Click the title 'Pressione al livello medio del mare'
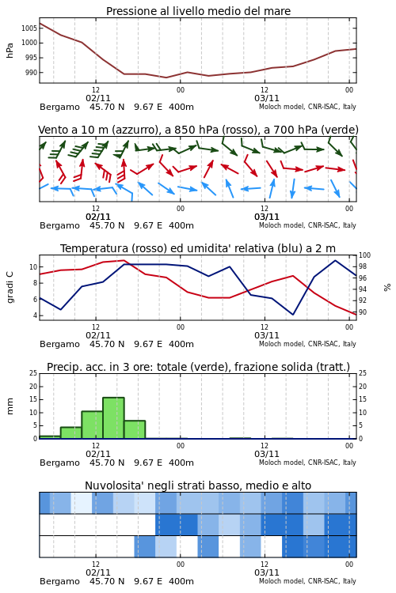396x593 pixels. [x=198, y=11]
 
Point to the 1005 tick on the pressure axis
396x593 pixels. [x=29, y=28]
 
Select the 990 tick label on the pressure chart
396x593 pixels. [x=31, y=73]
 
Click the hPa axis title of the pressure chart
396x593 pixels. [x=10, y=51]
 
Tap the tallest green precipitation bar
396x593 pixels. [x=113, y=418]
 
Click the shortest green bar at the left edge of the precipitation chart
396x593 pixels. [x=50, y=437]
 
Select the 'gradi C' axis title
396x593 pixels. [x=10, y=287]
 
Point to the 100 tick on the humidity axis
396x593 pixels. [x=364, y=255]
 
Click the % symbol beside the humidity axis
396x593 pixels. [x=387, y=288]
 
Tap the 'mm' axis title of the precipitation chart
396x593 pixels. [x=10, y=406]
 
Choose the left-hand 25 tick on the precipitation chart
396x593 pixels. [x=33, y=373]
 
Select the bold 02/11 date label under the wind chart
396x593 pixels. [x=98, y=217]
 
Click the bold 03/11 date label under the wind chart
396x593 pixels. [x=267, y=217]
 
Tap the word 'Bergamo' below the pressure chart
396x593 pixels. [x=59, y=107]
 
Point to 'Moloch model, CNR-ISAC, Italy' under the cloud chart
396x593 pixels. [x=307, y=581]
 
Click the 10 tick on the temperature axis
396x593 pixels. [x=33, y=267]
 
